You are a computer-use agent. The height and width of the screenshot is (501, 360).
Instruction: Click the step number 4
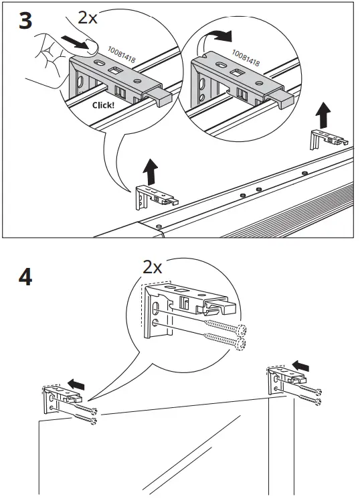pyautogui.click(x=25, y=277)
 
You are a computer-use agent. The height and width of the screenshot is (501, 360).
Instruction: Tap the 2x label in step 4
pyautogui.click(x=153, y=267)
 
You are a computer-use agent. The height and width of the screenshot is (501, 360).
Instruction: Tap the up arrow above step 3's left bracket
pyautogui.click(x=151, y=171)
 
